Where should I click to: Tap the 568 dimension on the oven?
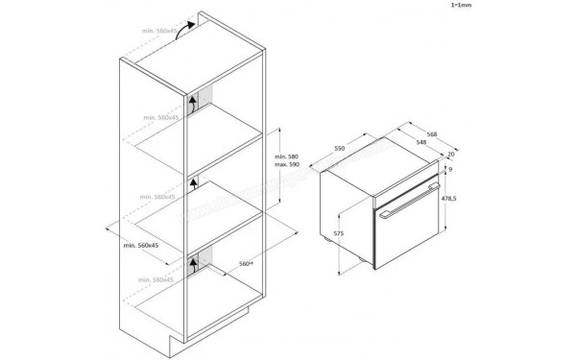click(x=434, y=133)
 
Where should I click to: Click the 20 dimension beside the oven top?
click(x=450, y=155)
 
